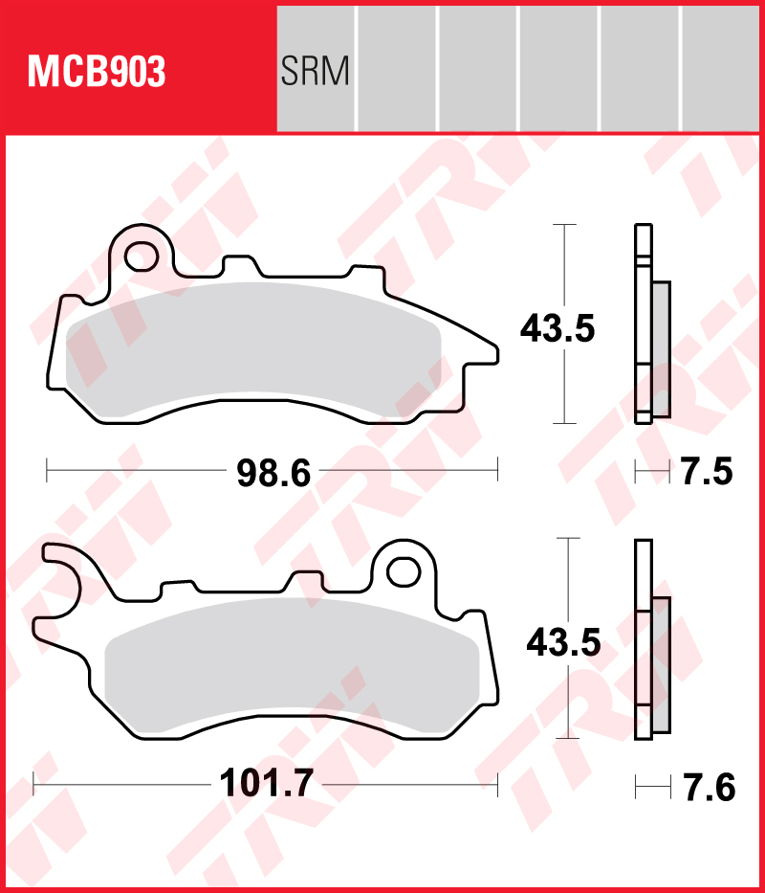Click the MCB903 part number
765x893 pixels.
(x=96, y=72)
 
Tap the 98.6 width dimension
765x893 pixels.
(x=274, y=472)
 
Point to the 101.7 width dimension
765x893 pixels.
(x=267, y=785)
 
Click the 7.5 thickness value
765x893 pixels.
(x=705, y=472)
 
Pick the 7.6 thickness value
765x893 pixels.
(x=708, y=788)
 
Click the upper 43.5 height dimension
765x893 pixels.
(x=557, y=328)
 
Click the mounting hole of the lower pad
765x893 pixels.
(x=403, y=570)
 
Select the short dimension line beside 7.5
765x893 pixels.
(x=653, y=471)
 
